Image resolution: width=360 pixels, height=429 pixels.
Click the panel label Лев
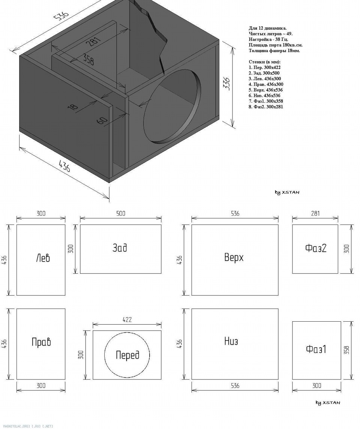pos(43,258)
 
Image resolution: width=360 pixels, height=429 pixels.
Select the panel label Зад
pos(120,248)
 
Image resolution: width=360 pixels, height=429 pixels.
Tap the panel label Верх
pos(234,257)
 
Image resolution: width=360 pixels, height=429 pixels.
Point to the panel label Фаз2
pos(316,248)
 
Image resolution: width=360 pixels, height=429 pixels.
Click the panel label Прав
pos(41,342)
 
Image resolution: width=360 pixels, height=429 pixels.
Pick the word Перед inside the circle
pos(127,355)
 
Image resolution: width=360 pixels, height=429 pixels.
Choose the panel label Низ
pos(231,341)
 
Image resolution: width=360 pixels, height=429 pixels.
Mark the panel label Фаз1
pos(316,349)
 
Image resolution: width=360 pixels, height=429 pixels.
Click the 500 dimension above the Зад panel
pos(121,214)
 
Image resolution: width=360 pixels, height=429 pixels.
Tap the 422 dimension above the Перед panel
pos(127,320)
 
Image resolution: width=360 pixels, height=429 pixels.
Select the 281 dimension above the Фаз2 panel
pos(315,213)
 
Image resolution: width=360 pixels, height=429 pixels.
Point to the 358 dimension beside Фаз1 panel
pos(346,350)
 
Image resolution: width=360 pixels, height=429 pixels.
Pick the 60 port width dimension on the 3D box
pos(102,120)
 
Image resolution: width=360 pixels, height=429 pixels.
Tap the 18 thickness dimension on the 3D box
pos(73,107)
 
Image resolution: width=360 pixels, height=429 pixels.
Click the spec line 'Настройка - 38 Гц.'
pos(268,39)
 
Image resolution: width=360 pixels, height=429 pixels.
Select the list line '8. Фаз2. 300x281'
pos(266,107)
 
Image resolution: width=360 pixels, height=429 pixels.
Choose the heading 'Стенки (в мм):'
pos(264,62)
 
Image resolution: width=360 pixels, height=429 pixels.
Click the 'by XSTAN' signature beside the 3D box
pos(287,193)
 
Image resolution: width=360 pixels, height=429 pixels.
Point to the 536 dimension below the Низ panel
pos(235,385)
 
